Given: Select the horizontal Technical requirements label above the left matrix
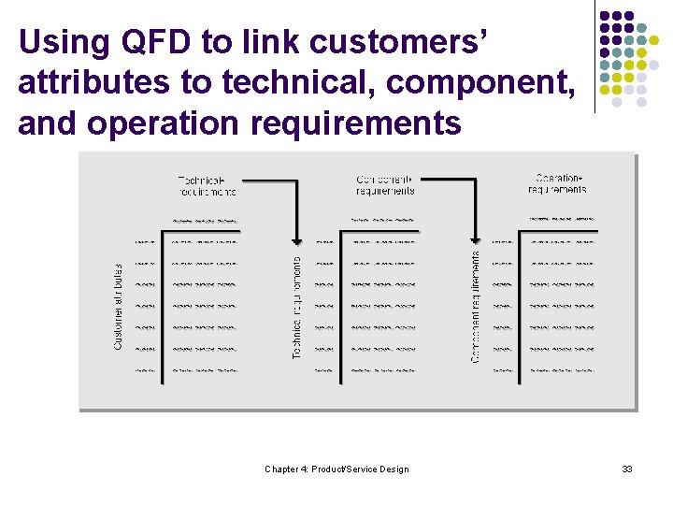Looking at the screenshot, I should pyautogui.click(x=208, y=185).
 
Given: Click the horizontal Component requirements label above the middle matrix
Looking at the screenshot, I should pyautogui.click(x=385, y=184).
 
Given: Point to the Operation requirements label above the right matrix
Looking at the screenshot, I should pyautogui.click(x=557, y=183).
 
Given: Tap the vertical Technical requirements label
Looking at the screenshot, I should pyautogui.click(x=297, y=308).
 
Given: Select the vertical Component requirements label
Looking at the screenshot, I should pyautogui.click(x=476, y=308).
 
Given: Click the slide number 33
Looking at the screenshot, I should pyautogui.click(x=627, y=469).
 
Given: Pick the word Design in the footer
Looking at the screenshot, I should pyautogui.click(x=393, y=469).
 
